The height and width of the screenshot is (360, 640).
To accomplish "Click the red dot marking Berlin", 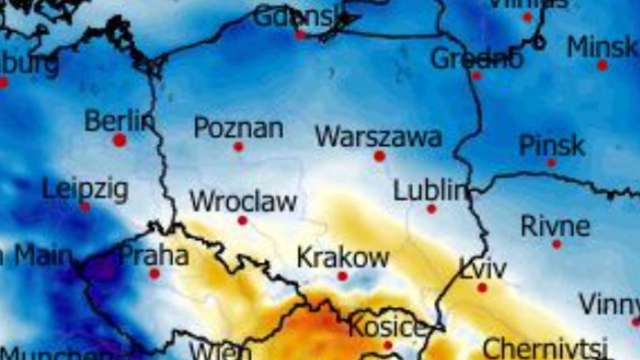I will tap(119, 140).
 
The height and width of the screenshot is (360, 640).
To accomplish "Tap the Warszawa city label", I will tap(378, 137).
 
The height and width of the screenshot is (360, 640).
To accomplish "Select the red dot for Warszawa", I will tap(379, 156).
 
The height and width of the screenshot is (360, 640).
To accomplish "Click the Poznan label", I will tap(238, 128).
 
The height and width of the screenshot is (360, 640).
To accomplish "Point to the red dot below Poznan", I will tap(238, 146).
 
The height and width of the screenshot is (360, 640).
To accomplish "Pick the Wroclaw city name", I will tap(243, 202).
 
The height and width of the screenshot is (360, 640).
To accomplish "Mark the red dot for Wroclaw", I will tap(243, 220).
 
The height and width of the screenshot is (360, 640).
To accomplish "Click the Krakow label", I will tap(343, 258).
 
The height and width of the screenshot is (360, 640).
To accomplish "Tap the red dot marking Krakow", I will tap(342, 276).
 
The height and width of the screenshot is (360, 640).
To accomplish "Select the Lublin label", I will tap(430, 191).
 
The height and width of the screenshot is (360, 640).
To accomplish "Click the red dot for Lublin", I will tap(431, 209).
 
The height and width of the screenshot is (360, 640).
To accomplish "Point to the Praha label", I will tap(154, 256).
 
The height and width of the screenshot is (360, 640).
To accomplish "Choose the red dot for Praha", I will tap(155, 274).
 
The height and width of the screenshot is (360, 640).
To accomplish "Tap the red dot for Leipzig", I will tap(85, 207).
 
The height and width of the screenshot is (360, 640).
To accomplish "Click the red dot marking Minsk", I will tap(602, 65).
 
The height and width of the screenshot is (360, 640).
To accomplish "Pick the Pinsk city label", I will tap(552, 145).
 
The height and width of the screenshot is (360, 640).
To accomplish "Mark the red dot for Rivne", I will tap(557, 244).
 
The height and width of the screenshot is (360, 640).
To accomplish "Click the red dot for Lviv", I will tap(482, 288).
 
